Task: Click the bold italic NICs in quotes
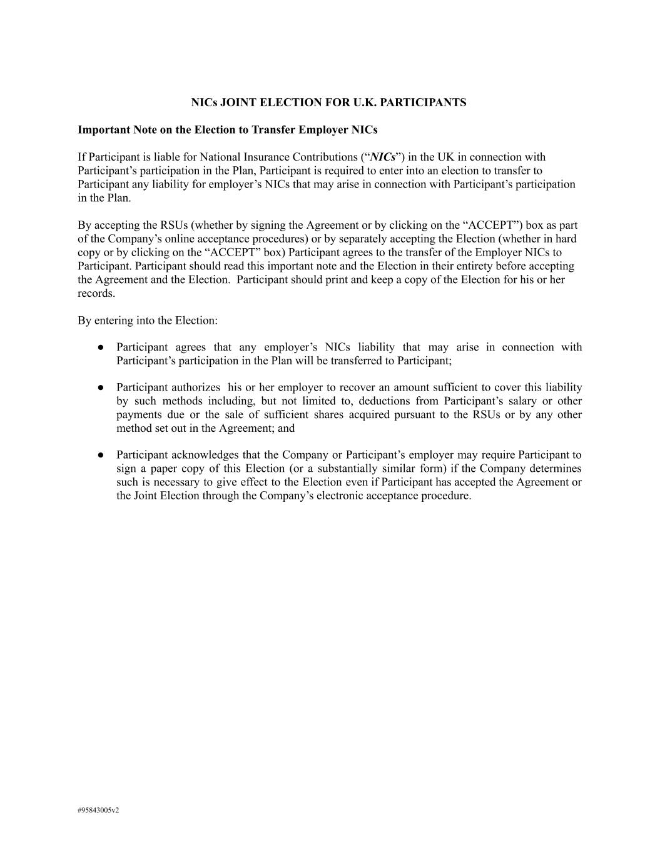[x=383, y=157]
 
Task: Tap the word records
[x=96, y=293]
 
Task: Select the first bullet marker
[x=100, y=347]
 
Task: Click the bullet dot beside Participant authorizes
[x=100, y=387]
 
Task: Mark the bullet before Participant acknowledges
[x=100, y=455]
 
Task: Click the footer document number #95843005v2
[x=98, y=811]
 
